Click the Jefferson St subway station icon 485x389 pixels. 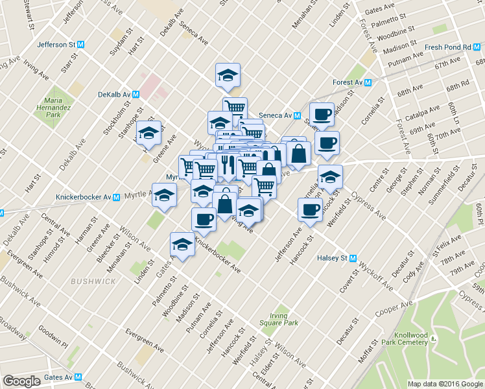point(81,45)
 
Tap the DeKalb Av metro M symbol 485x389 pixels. point(136,94)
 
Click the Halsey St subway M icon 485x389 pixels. point(353,257)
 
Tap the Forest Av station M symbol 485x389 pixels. point(368,83)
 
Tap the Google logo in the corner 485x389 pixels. point(21,381)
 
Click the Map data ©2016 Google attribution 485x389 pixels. point(445,383)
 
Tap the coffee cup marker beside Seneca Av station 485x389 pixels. point(322,115)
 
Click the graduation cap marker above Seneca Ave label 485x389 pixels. point(228,75)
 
